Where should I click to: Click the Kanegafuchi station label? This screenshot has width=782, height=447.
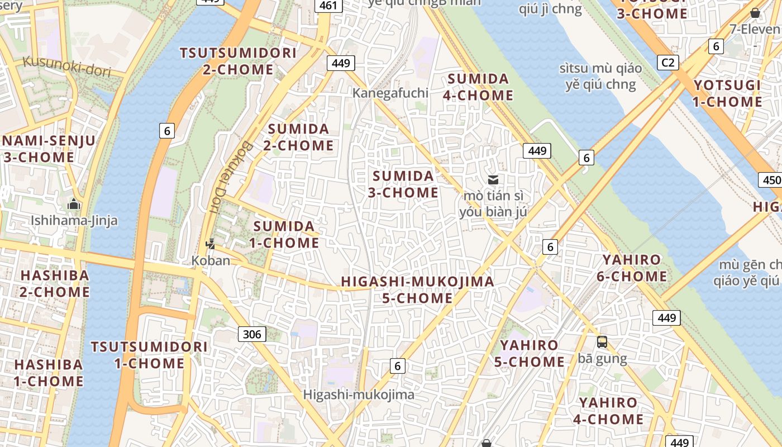point(390,93)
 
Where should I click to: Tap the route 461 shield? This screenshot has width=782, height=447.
point(328,6)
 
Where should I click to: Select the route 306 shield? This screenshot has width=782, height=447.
point(252,334)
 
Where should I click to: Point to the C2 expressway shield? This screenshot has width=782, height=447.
point(668,62)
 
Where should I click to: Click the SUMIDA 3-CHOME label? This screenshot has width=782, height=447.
point(403,184)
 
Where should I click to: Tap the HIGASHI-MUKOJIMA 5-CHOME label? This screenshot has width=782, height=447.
point(417,289)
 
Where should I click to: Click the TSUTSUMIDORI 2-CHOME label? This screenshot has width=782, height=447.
point(238,61)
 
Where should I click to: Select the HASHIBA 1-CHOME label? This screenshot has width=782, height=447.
point(49,373)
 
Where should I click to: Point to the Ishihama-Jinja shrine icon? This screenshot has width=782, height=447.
point(74,205)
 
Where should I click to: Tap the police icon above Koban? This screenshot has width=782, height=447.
point(211,244)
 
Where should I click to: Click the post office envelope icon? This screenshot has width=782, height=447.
point(493,179)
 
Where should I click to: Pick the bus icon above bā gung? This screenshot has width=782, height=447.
point(602,341)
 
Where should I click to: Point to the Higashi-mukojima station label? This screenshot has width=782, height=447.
point(359,394)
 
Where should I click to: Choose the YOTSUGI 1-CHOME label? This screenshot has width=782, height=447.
point(727,93)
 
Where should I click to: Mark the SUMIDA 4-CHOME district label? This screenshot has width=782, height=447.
point(478,87)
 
